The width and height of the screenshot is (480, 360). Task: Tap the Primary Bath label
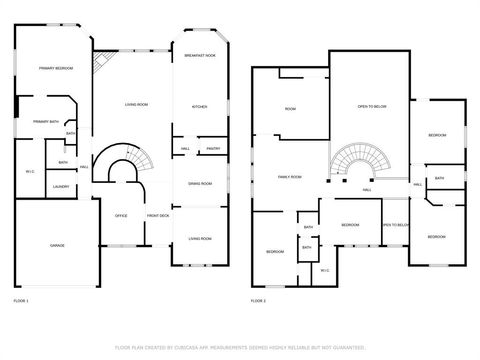[x=47, y=122]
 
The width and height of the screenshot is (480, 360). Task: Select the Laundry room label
[x=60, y=186]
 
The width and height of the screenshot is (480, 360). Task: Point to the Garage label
[x=59, y=244]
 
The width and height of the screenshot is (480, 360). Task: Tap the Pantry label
[x=213, y=149]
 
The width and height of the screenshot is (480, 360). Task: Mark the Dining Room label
[x=200, y=184]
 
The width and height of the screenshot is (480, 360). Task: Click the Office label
[x=121, y=216]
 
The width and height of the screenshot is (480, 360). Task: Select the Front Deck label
[x=158, y=216]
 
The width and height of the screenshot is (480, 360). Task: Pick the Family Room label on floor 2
[x=290, y=177]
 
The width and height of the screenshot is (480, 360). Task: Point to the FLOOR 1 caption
[x=21, y=300]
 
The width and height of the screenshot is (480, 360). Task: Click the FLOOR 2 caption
[x=258, y=300]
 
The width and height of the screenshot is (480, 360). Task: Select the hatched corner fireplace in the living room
[x=100, y=64]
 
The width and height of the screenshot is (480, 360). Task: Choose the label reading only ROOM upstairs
[x=290, y=109]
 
